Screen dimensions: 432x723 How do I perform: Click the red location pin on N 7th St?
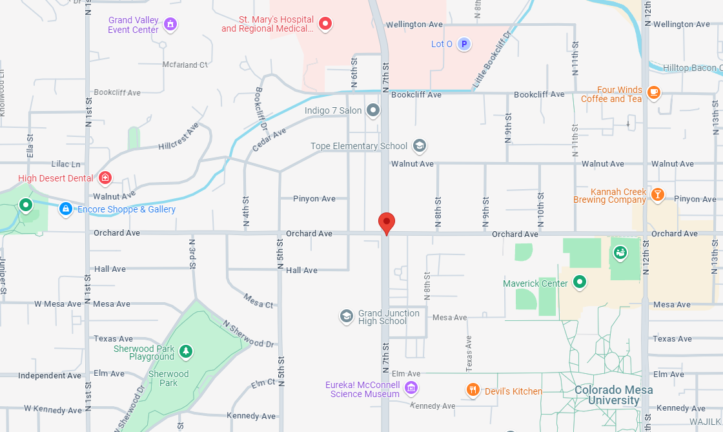click(x=386, y=223)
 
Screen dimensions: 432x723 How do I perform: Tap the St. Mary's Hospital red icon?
click(x=326, y=25)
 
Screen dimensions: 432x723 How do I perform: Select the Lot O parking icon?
click(x=463, y=44)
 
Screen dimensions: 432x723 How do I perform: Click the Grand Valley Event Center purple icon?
click(x=170, y=25)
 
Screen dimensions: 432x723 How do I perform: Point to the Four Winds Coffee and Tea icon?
click(x=653, y=92)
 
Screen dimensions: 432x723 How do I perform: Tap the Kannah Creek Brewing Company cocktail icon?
click(x=657, y=194)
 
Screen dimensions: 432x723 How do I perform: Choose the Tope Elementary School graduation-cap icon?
click(x=420, y=146)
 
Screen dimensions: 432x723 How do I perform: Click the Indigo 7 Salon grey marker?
click(x=373, y=110)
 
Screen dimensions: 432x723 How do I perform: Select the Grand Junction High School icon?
click(x=347, y=316)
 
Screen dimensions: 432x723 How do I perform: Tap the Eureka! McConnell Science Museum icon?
click(x=411, y=388)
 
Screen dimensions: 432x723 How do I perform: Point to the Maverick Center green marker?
click(x=580, y=282)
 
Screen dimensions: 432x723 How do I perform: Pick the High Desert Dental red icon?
click(x=105, y=178)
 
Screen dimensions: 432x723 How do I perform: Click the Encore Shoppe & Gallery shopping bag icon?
click(x=65, y=209)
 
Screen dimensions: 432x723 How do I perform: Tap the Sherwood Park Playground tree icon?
click(x=186, y=351)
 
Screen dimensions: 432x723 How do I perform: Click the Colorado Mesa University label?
click(x=613, y=395)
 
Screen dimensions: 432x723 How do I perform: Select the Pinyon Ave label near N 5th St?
click(x=314, y=199)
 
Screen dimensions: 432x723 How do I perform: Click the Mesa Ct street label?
click(x=259, y=300)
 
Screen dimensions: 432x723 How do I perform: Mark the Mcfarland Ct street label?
click(x=185, y=65)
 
